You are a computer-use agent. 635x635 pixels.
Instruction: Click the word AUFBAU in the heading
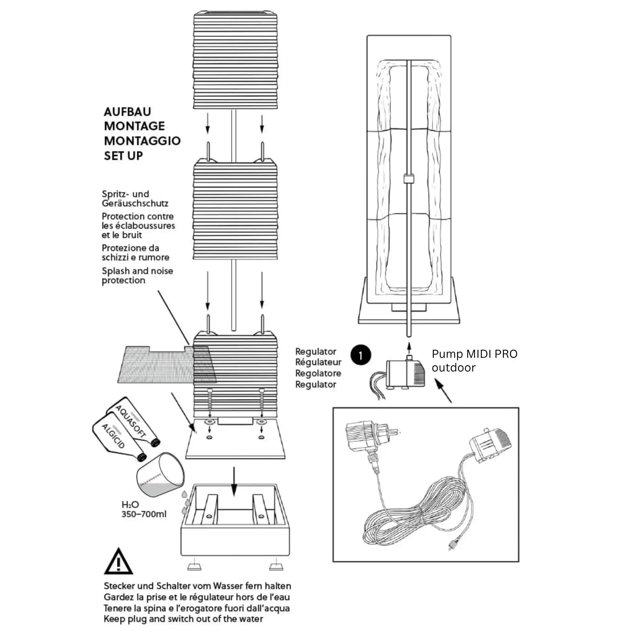[x=127, y=112]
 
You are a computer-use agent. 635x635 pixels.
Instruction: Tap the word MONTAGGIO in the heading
[x=142, y=141]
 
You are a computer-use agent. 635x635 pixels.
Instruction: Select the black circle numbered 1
[x=361, y=355]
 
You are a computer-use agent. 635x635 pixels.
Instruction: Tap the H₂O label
[x=130, y=504]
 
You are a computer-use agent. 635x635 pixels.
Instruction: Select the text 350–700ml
[x=144, y=514]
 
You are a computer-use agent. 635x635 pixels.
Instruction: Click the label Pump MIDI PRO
[x=474, y=354]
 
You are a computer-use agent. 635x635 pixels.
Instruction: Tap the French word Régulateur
[x=318, y=362]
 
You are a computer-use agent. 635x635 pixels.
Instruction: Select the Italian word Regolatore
[x=318, y=373]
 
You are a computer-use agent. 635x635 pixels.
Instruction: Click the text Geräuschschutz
[x=135, y=203]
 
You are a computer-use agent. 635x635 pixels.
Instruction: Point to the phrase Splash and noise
[x=137, y=271]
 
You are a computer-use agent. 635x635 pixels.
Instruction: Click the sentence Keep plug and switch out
[x=183, y=619]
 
